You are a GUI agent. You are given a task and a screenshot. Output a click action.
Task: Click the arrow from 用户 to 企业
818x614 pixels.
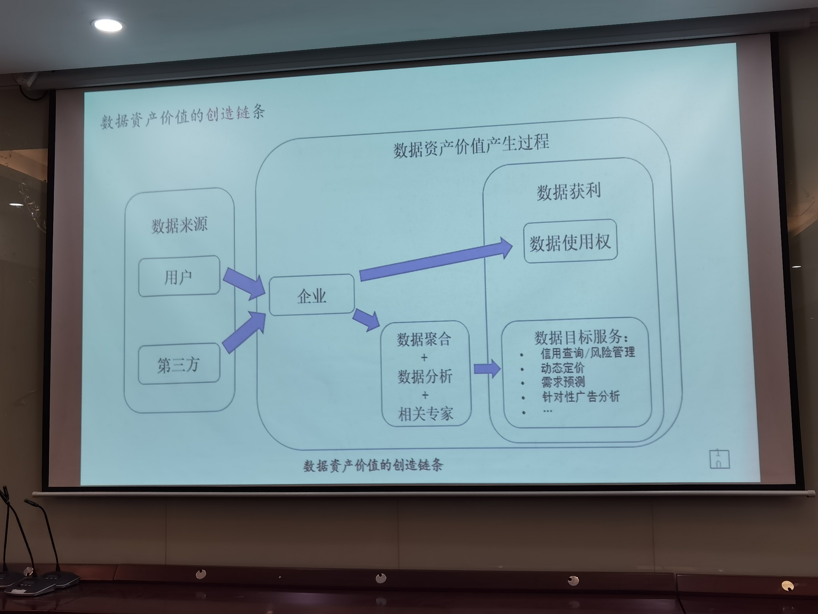[244, 283]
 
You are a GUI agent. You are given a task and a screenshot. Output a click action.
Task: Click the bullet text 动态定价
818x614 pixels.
[562, 368]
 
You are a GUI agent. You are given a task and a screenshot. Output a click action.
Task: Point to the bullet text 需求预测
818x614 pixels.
[563, 382]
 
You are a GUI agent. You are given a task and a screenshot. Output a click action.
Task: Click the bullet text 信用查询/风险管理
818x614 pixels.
[587, 352]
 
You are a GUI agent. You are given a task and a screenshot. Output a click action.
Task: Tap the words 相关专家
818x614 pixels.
[426, 414]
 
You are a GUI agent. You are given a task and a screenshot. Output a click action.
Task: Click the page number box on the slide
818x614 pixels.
[719, 459]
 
